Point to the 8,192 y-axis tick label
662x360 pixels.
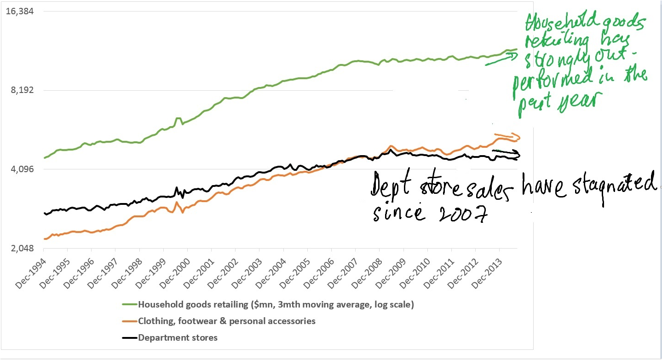click(x=22, y=90)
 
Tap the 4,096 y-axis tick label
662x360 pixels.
click(x=22, y=169)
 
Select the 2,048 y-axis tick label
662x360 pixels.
click(x=22, y=249)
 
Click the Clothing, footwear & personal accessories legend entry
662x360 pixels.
click(x=227, y=321)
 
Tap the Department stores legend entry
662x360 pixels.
click(x=178, y=338)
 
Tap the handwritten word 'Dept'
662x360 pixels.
click(x=393, y=186)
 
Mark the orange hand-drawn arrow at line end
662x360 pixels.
click(x=517, y=136)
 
